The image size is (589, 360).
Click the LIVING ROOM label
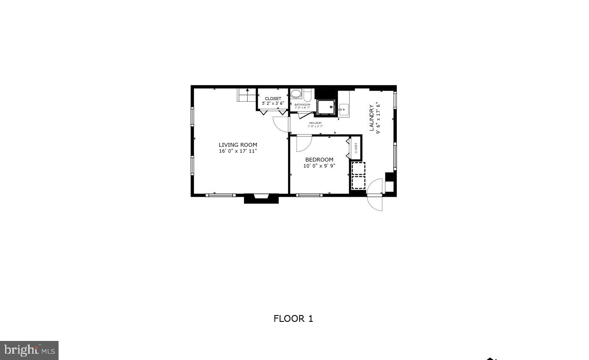(x=238, y=145)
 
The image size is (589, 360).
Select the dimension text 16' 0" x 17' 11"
(x=238, y=151)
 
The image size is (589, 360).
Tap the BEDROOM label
(x=319, y=160)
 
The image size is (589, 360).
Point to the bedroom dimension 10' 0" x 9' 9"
(x=319, y=166)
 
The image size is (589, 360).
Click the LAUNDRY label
(x=372, y=117)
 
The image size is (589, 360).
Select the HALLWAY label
(x=315, y=123)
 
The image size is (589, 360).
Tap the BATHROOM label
(x=302, y=104)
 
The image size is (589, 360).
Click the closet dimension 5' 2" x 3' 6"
(x=273, y=103)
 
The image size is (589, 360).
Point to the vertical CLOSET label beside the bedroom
(x=356, y=148)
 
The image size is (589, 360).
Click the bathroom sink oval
(x=296, y=94)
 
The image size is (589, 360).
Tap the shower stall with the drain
(x=326, y=107)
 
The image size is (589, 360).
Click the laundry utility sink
(x=344, y=109)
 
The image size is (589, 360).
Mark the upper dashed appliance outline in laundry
(x=358, y=168)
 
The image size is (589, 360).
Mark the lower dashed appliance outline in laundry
(x=358, y=182)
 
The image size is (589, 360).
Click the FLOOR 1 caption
(x=293, y=319)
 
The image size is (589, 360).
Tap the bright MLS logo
(x=29, y=350)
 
